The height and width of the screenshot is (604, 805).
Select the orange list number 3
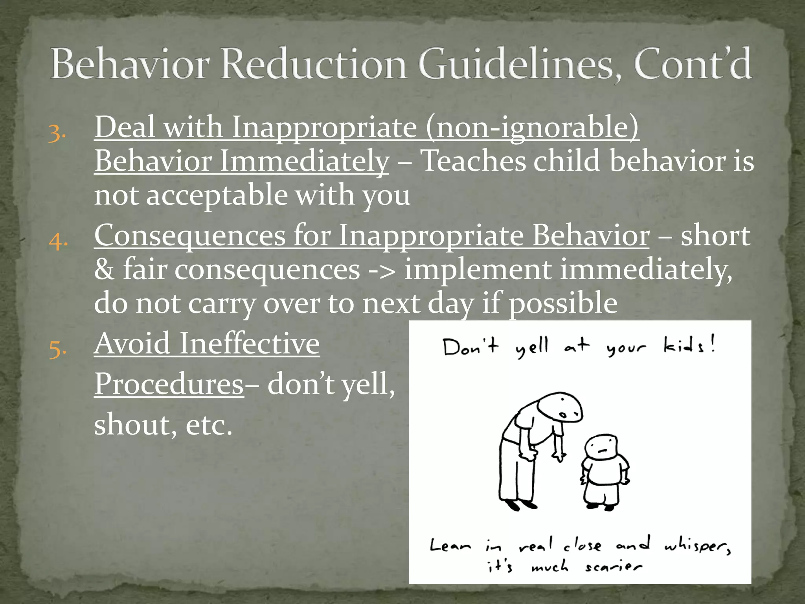click(57, 133)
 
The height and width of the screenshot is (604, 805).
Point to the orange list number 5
click(57, 349)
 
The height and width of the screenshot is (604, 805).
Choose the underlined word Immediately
click(304, 161)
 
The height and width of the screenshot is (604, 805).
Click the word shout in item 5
click(132, 425)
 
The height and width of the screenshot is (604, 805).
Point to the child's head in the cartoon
click(601, 448)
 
